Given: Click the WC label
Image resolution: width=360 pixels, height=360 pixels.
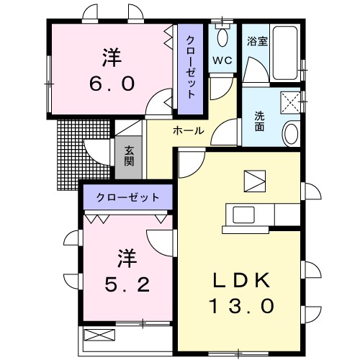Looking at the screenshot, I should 220,60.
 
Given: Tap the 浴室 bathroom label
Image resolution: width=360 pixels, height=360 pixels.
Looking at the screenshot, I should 258,41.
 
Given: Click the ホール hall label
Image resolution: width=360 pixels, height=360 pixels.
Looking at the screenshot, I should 187,131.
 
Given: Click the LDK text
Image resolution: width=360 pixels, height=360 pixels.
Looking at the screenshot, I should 241,279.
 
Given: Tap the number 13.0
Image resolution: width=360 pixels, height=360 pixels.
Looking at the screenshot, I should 241,306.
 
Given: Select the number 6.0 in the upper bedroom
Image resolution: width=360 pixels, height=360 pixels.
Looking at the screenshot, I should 112,84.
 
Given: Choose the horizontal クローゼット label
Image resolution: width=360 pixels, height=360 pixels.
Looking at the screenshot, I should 127,196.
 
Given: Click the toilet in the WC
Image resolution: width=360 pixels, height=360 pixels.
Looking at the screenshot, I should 222,37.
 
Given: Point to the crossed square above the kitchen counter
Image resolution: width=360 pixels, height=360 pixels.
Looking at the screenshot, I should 254,179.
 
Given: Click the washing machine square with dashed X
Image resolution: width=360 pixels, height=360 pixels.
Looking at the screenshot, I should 289,103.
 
